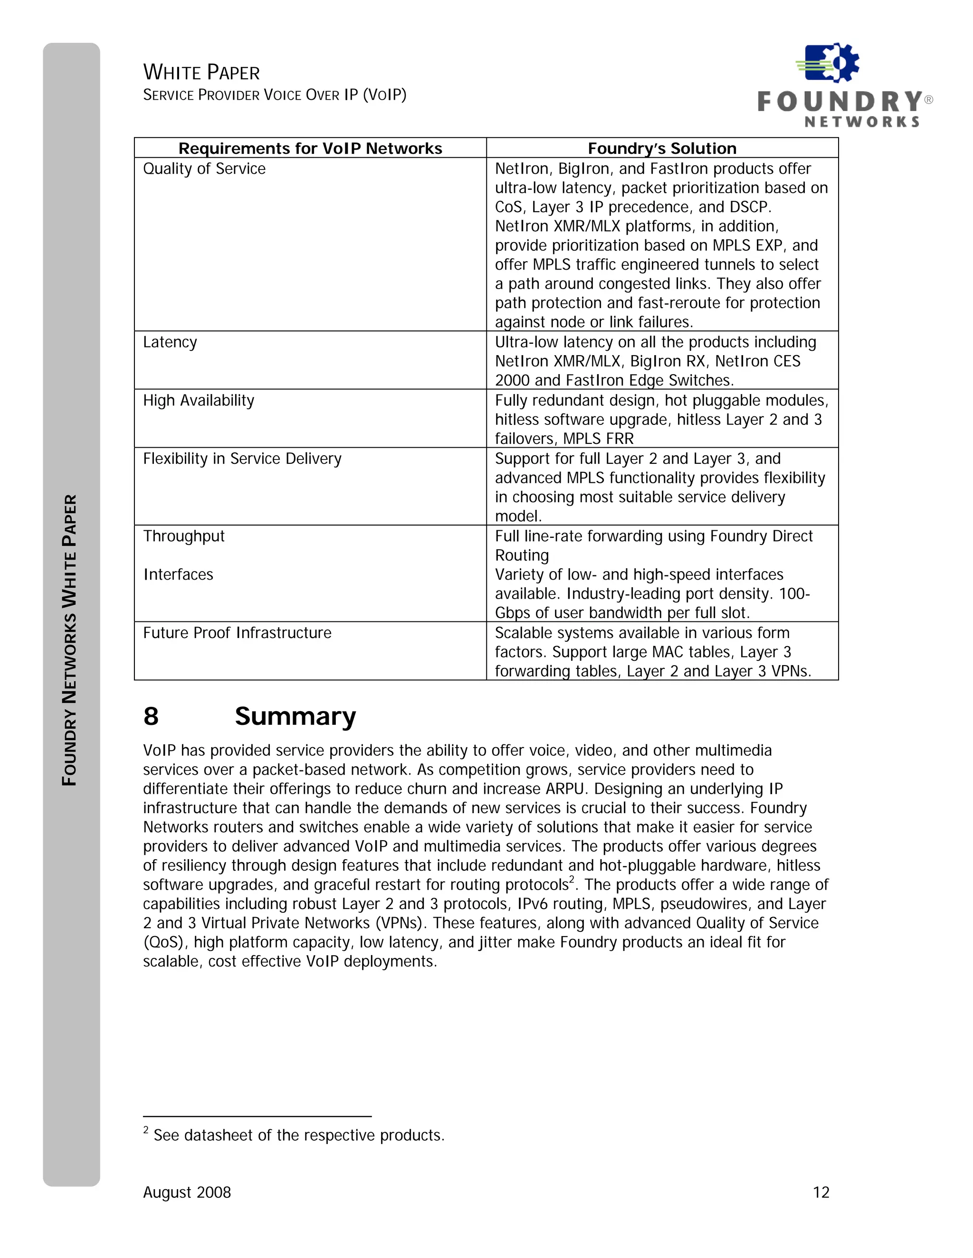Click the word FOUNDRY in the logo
[840, 102]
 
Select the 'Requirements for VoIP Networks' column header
[310, 149]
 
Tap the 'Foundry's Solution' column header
[662, 149]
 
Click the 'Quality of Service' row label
[204, 169]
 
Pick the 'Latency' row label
[170, 342]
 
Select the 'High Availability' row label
[198, 400]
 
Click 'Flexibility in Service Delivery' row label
[242, 459]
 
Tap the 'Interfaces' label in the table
[178, 574]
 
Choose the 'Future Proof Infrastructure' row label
[237, 632]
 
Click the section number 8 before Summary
[151, 716]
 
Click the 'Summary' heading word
[295, 716]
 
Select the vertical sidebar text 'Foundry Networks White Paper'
[70, 639]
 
